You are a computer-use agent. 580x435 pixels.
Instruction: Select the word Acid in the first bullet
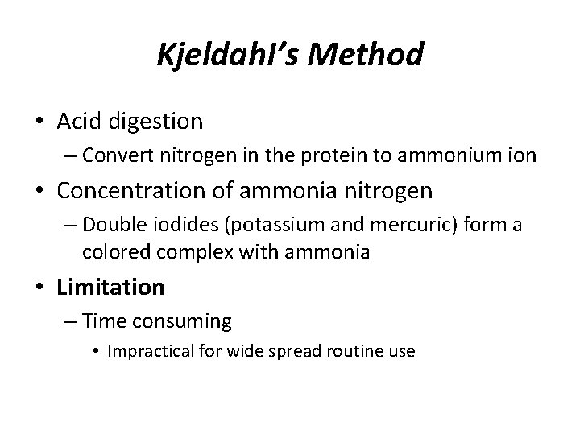point(79,122)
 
